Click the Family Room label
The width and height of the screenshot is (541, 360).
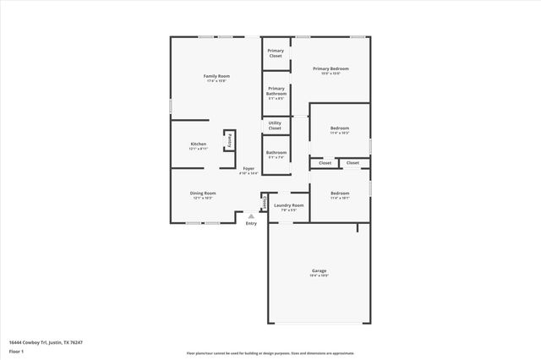(x=216, y=76)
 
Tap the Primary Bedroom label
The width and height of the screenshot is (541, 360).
(x=331, y=68)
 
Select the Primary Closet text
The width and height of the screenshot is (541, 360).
(x=276, y=53)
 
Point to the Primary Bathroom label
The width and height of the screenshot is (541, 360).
(x=276, y=90)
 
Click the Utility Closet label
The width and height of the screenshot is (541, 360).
(x=275, y=125)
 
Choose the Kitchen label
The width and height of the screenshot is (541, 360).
(x=198, y=144)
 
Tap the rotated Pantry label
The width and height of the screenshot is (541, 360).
(x=228, y=140)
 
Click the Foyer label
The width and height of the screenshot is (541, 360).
(x=249, y=168)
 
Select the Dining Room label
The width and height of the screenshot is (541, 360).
(x=202, y=193)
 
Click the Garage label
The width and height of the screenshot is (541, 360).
(x=319, y=270)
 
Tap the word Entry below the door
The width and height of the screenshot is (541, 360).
(x=251, y=223)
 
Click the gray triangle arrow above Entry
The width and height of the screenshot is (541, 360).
(x=251, y=215)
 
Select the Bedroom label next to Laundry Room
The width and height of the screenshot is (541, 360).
(x=339, y=193)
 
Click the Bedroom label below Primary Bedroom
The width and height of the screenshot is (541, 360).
(x=339, y=128)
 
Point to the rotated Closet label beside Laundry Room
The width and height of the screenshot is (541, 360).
(x=264, y=203)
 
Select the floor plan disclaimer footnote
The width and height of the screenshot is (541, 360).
(x=270, y=353)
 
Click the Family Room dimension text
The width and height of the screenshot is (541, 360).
(x=216, y=81)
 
